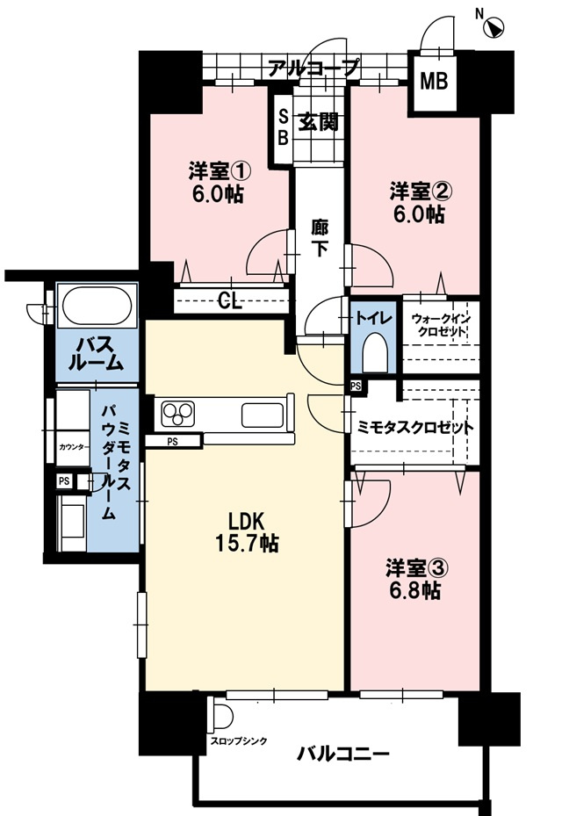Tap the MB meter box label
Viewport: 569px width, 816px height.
coord(433,83)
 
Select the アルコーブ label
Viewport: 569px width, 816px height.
coord(313,67)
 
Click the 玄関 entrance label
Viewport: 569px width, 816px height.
coord(320,122)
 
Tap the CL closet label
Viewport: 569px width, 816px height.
coord(231,301)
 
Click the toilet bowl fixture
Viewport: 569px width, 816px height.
coord(372,353)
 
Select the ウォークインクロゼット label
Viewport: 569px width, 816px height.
coord(439,326)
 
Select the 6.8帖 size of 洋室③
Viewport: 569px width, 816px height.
coord(414,591)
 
